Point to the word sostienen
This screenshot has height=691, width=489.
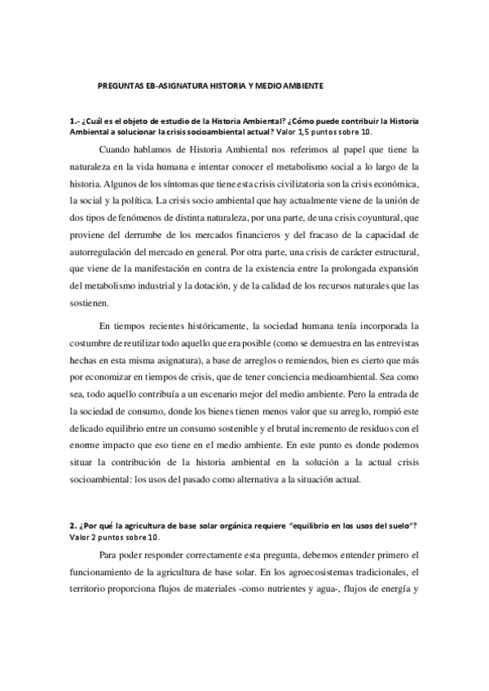(x=93, y=303)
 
